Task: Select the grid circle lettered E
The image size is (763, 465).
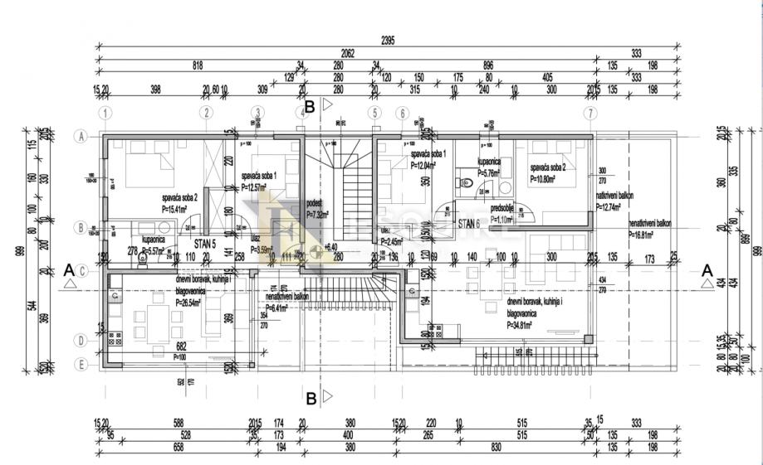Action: pyautogui.click(x=81, y=362)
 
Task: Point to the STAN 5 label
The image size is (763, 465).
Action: pyautogui.click(x=205, y=244)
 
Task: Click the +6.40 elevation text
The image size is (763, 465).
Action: pyautogui.click(x=330, y=248)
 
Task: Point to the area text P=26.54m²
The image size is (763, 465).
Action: pyautogui.click(x=189, y=303)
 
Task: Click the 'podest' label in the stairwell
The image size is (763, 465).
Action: pyautogui.click(x=315, y=201)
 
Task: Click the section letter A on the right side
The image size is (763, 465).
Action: pyautogui.click(x=707, y=269)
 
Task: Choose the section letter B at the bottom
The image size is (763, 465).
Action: pyautogui.click(x=311, y=400)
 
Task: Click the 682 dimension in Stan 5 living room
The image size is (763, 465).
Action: pyautogui.click(x=181, y=346)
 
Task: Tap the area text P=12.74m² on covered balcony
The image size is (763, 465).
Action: pyautogui.click(x=615, y=207)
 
